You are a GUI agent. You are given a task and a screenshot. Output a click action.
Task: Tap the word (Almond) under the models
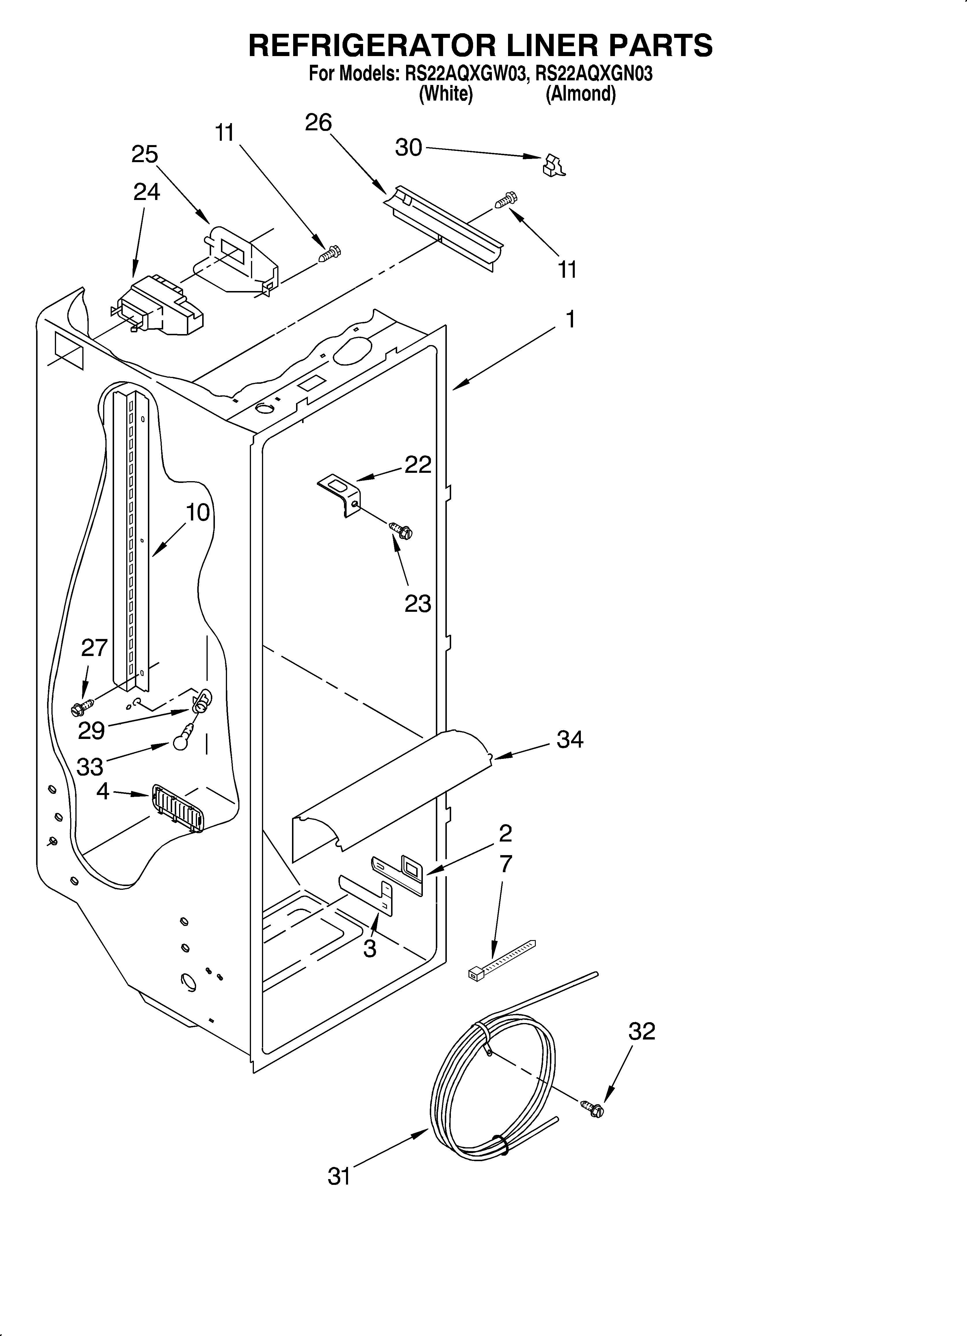point(581,94)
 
